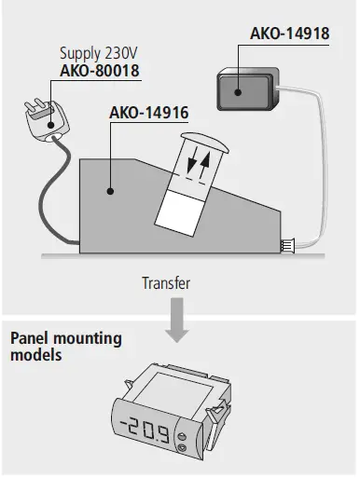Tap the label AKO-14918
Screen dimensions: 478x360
point(290,35)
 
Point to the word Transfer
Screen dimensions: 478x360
point(166,280)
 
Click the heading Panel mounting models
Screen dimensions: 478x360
point(65,344)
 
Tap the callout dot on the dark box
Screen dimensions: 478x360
point(237,91)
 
